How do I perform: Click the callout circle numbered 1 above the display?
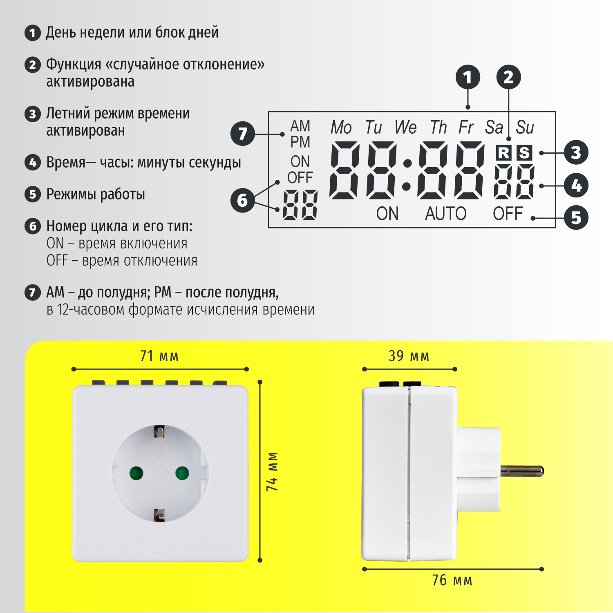468,77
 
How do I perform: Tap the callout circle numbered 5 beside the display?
576,217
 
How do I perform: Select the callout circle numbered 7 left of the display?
243,134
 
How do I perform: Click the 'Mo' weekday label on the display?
341,128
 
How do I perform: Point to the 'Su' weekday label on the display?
525,128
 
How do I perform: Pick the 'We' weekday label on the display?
405,128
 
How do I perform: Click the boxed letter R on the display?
503,153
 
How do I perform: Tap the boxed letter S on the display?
524,153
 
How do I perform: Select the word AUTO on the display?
446,214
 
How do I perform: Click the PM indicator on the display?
300,142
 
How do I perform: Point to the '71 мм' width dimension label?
159,356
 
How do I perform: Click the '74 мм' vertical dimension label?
272,472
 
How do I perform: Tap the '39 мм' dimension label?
409,356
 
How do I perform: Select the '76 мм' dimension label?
452,580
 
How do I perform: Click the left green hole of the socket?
136,474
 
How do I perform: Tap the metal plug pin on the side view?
522,471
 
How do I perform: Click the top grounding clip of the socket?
159,432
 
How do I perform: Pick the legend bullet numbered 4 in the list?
33,162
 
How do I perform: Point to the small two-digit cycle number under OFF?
300,205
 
